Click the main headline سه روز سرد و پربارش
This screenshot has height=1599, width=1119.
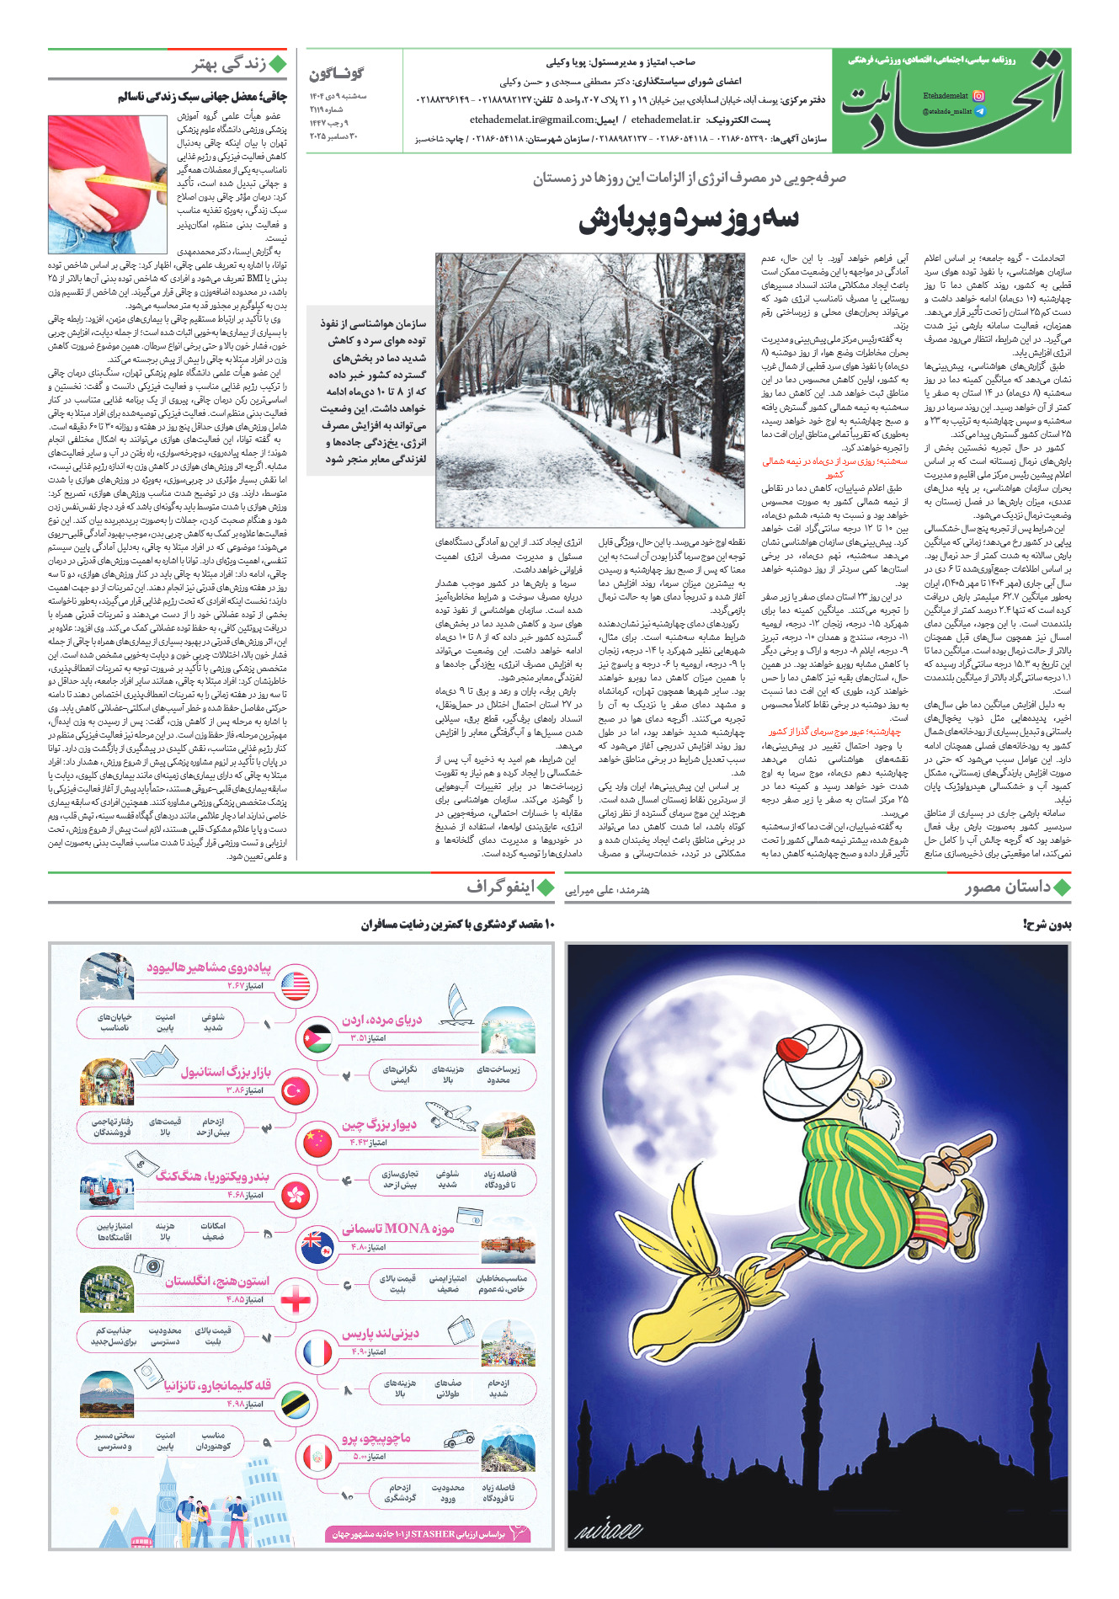pyautogui.click(x=688, y=219)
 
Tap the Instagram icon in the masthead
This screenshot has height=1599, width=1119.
pyautogui.click(x=978, y=96)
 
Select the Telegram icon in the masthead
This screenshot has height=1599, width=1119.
pyautogui.click(x=978, y=111)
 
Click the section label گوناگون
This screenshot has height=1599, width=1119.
pyautogui.click(x=336, y=74)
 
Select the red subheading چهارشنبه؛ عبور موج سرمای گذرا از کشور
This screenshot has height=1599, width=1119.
pyautogui.click(x=834, y=732)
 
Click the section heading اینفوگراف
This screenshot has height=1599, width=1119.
pyautogui.click(x=500, y=887)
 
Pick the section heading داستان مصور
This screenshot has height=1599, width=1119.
pyautogui.click(x=1007, y=887)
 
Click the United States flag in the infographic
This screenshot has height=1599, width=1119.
pyautogui.click(x=296, y=985)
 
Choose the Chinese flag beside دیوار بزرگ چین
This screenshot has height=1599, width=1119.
pyautogui.click(x=318, y=1142)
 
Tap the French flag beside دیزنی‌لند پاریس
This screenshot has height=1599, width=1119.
pyautogui.click(x=318, y=1352)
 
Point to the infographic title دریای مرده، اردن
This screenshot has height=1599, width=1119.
pyautogui.click(x=381, y=1020)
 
